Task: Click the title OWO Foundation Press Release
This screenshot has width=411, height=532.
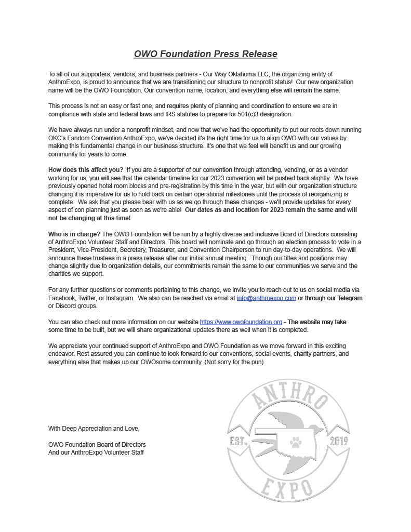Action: click(205, 54)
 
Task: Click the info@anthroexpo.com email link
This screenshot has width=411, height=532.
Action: click(266, 298)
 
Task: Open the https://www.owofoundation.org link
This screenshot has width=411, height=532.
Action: click(241, 322)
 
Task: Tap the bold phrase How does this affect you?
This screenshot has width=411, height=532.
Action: click(86, 170)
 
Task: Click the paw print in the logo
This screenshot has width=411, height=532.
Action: click(296, 442)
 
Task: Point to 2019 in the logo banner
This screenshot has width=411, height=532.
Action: click(339, 442)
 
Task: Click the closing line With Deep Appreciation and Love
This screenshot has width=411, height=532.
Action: click(94, 429)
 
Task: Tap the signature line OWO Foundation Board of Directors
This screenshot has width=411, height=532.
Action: click(97, 445)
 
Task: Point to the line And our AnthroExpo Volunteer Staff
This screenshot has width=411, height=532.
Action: click(96, 453)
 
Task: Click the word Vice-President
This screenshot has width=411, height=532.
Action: click(94, 250)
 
